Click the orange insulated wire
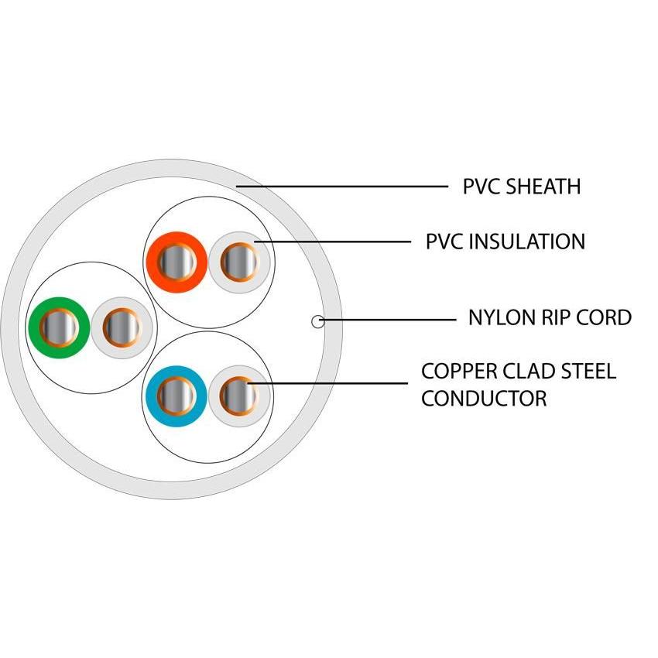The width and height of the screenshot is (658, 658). pyautogui.click(x=177, y=262)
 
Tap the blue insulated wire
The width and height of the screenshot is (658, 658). pyautogui.click(x=175, y=396)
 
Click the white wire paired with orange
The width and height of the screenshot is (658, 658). pyautogui.click(x=239, y=262)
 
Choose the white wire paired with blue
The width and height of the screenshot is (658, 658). pyautogui.click(x=238, y=396)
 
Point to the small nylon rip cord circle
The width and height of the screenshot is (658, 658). pyautogui.click(x=316, y=320)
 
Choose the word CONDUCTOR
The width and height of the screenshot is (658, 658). pyautogui.click(x=484, y=399)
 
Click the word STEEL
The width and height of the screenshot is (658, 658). pyautogui.click(x=588, y=371)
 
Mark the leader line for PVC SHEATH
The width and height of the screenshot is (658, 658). pyautogui.click(x=348, y=187)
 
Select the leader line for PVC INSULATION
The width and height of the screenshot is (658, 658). pyautogui.click(x=341, y=242)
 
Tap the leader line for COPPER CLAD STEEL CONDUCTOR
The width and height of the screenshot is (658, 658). pyautogui.click(x=333, y=382)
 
